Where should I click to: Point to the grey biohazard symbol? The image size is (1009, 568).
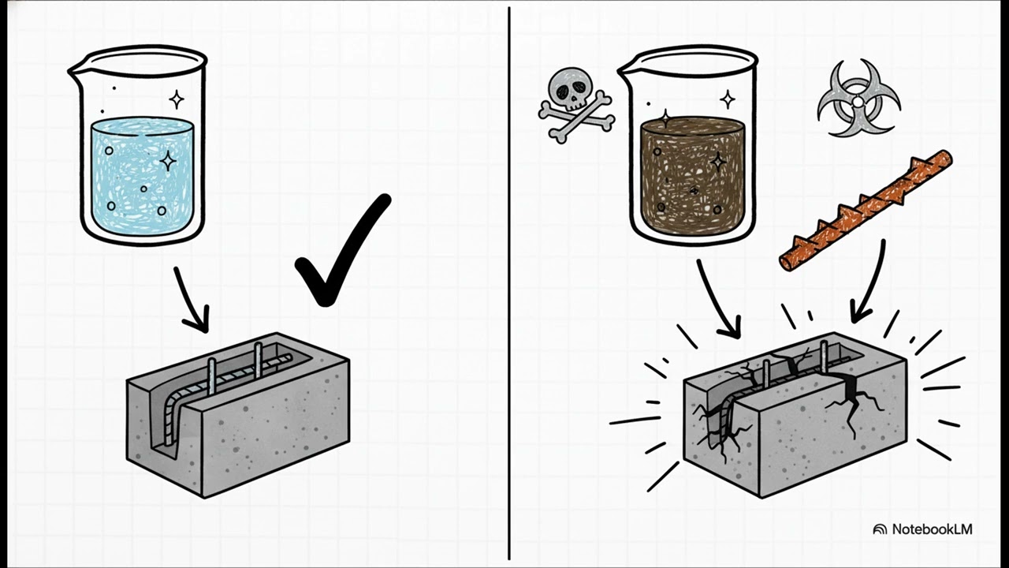pyautogui.click(x=858, y=99)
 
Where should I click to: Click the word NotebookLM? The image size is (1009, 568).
pyautogui.click(x=932, y=529)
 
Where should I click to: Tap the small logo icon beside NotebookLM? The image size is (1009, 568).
pyautogui.click(x=880, y=529)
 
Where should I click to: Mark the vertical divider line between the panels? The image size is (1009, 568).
pyautogui.click(x=509, y=284)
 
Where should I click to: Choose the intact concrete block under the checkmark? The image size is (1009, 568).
pyautogui.click(x=236, y=418)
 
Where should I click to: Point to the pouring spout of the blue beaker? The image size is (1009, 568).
pyautogui.click(x=76, y=70)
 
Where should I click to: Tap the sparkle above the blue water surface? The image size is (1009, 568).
pyautogui.click(x=177, y=99)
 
